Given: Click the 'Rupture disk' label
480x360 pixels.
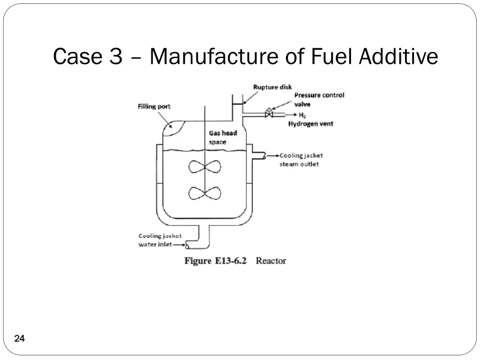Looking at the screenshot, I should [272, 87].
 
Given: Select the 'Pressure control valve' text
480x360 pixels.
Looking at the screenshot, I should [319, 99].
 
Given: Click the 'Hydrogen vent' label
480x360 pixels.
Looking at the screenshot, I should [311, 124].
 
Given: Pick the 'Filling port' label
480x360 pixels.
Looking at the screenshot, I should [154, 106].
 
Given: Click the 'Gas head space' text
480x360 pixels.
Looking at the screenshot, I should [223, 137].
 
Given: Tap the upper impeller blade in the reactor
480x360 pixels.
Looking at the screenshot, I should [204, 167].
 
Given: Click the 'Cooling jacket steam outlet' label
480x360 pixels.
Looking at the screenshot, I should [301, 159].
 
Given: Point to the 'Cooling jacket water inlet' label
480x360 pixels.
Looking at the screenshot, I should [160, 240].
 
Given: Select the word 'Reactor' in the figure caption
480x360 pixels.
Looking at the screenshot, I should [270, 261].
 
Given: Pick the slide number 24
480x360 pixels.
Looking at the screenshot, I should [19, 339].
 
